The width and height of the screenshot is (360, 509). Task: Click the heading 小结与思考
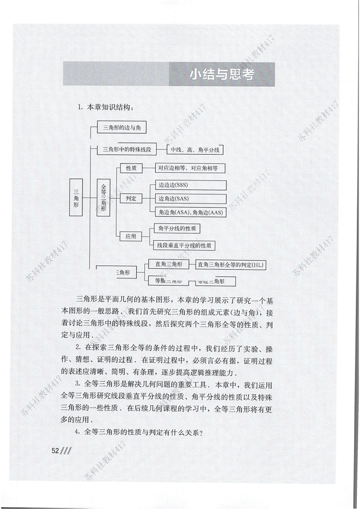pos(221,75)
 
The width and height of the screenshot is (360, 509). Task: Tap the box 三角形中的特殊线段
pos(127,149)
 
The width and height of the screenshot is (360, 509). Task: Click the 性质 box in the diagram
pos(131,169)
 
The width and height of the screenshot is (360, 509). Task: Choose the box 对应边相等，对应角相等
pos(190,169)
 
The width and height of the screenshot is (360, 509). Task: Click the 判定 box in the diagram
pos(131,199)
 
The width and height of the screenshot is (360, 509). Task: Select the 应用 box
pos(131,236)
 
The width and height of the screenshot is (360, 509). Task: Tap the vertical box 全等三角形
pos(104,198)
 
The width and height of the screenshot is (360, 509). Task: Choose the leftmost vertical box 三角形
pos(76,198)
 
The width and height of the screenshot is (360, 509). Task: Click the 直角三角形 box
pos(168,264)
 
